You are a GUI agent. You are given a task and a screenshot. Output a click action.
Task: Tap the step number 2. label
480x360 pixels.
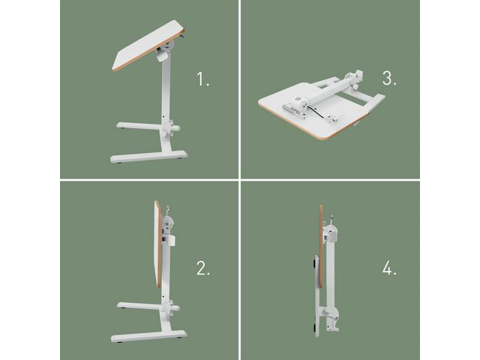coord(203,269)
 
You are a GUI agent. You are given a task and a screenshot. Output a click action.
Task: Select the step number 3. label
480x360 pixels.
coord(388,78)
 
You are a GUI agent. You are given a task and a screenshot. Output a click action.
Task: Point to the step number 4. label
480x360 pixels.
coord(389,269)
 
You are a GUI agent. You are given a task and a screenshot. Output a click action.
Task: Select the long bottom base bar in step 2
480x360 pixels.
coord(147,338)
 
